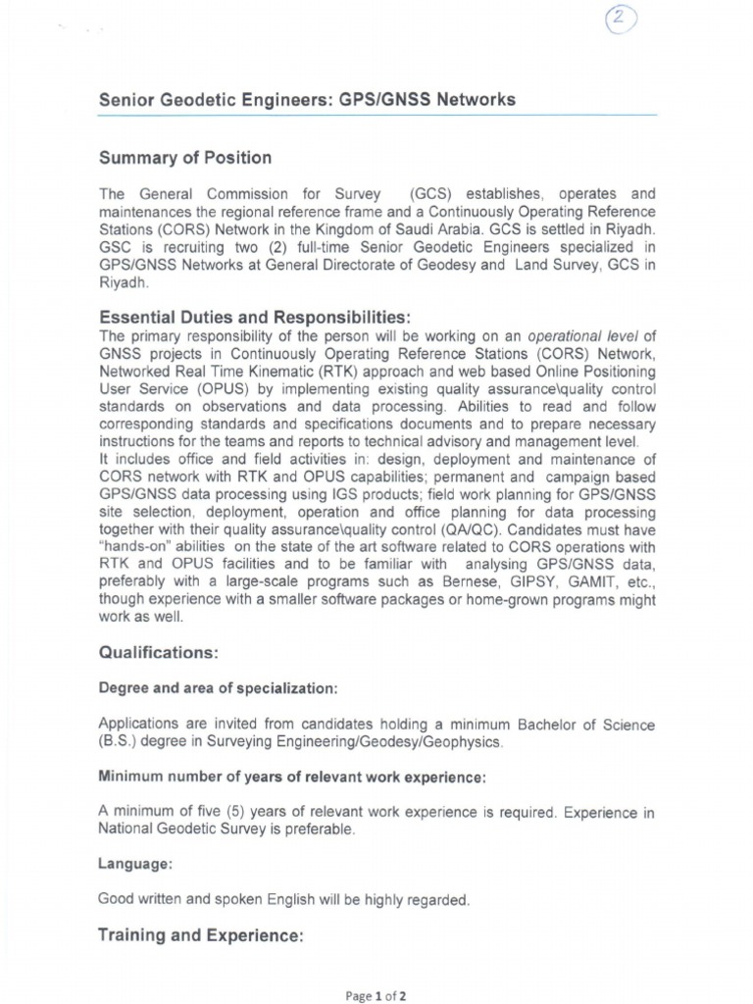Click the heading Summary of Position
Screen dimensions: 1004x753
(x=185, y=158)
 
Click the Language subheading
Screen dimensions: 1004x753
(x=135, y=864)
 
